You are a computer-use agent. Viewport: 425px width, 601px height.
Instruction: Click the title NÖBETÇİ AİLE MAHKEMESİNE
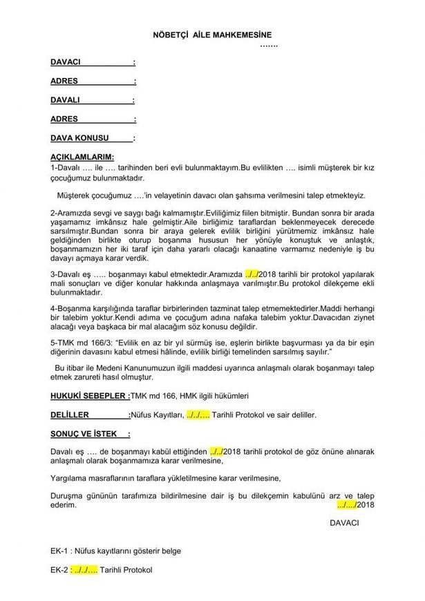[x=212, y=33]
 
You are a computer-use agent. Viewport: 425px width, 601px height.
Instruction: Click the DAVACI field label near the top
[x=66, y=62]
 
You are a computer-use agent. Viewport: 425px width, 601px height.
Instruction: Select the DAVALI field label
[x=66, y=99]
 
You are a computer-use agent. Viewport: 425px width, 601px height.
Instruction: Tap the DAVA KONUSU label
[x=82, y=137]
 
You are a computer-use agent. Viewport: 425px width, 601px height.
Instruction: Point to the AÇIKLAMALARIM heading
[x=82, y=158]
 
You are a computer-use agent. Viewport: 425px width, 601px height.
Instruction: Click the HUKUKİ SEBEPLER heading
[x=89, y=396]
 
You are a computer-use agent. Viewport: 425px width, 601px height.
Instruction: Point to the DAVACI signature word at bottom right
[x=345, y=523]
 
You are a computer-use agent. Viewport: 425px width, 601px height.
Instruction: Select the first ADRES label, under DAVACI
[x=64, y=81]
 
